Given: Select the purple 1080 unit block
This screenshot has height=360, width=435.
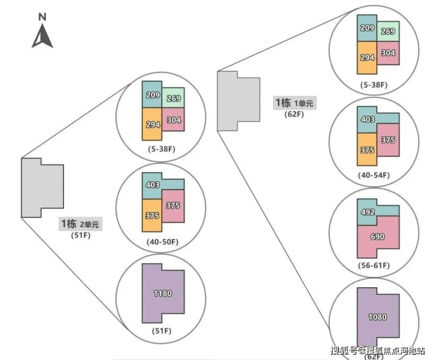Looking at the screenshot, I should point(377,317).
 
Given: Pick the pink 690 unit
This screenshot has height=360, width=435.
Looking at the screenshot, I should point(377,236).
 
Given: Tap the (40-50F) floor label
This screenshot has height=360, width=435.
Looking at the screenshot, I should point(162,241).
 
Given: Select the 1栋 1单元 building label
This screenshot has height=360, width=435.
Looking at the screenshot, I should point(294,103).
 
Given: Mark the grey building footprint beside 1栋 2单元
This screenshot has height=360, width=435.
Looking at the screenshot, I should point(42,188).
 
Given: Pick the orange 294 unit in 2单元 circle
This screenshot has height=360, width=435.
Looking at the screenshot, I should point(152,124).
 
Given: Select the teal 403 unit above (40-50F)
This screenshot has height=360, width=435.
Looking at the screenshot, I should point(153,185).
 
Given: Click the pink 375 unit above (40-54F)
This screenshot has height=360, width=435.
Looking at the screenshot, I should point(388,140).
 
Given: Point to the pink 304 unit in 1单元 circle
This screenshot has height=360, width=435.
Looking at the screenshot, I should point(388,53).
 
